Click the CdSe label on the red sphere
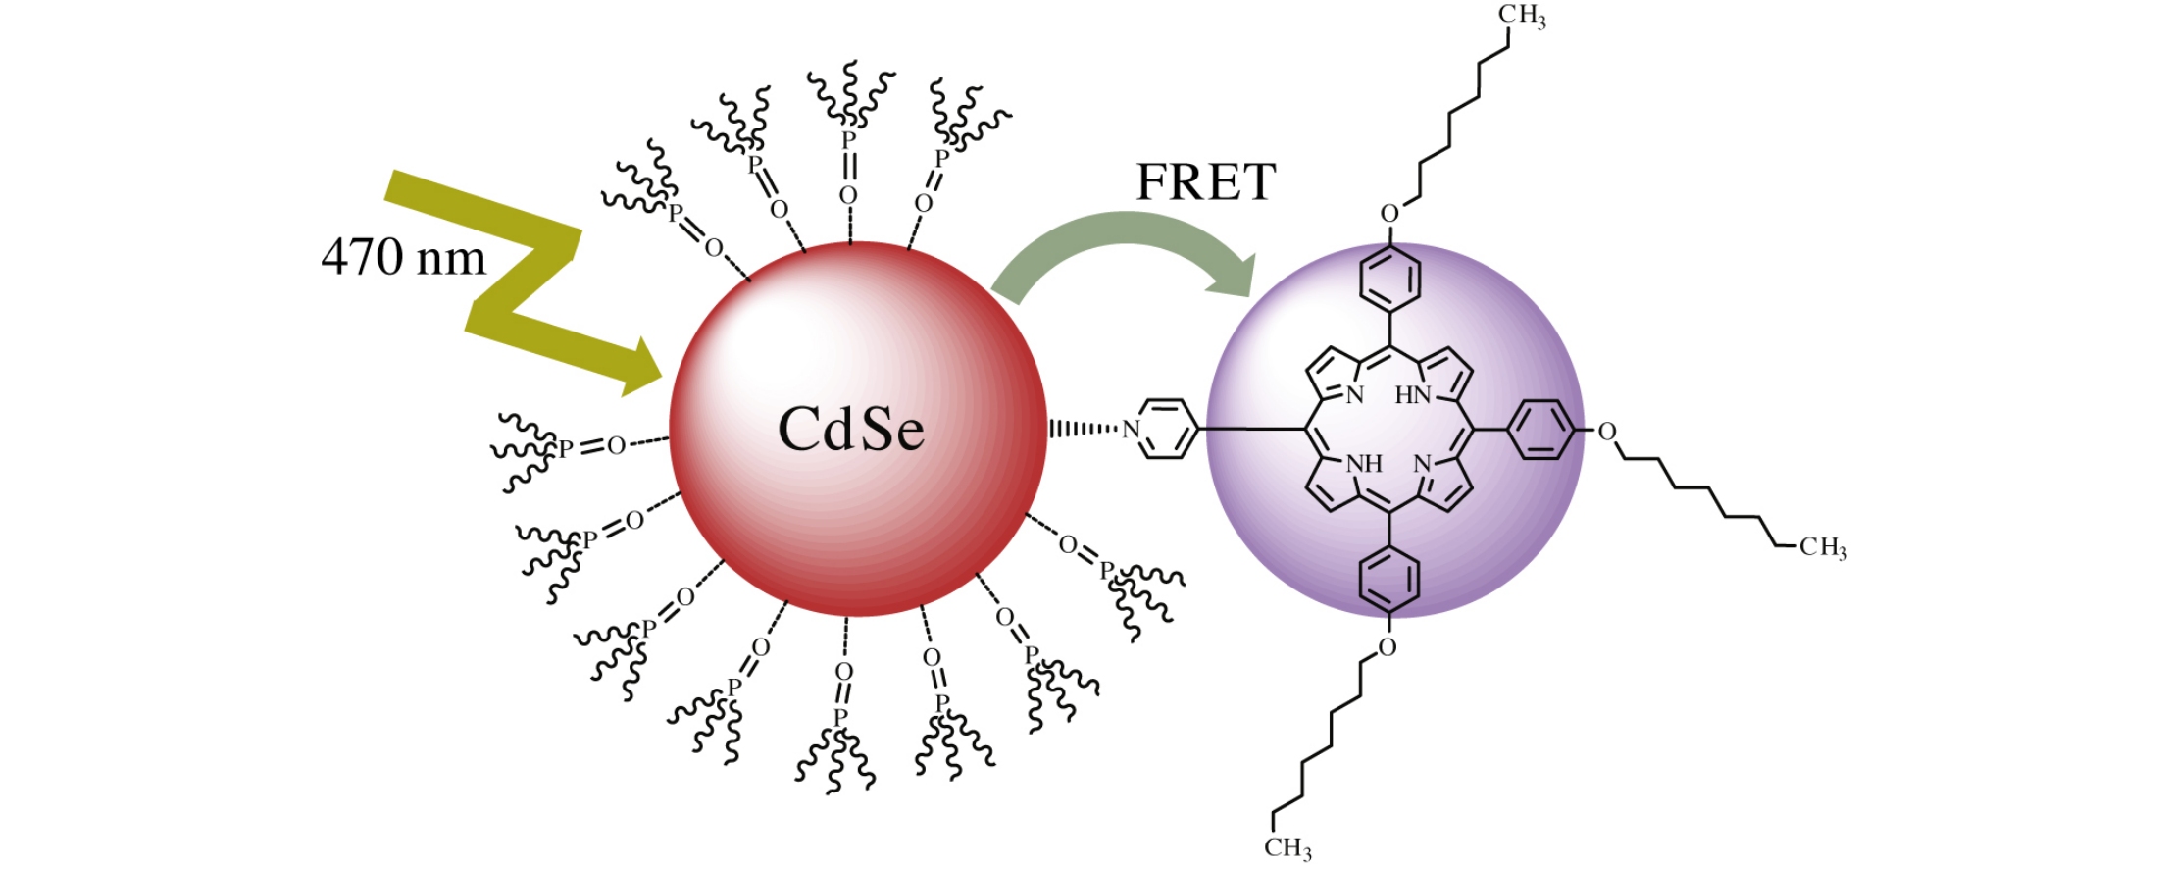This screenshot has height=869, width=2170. click(x=850, y=430)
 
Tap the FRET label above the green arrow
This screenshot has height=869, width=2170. click(x=1205, y=182)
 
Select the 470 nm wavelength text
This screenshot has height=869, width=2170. click(x=403, y=257)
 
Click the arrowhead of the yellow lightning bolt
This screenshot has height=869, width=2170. click(x=642, y=367)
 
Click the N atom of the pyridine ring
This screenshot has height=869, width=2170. click(x=1131, y=430)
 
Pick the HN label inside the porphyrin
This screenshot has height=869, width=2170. click(x=1413, y=395)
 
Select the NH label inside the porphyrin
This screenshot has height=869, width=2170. click(x=1363, y=464)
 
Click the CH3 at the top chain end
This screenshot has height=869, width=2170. click(x=1522, y=17)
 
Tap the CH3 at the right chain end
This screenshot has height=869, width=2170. click(x=1823, y=547)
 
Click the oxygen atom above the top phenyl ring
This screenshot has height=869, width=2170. click(x=1389, y=213)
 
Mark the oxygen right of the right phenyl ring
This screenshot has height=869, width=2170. click(x=1606, y=432)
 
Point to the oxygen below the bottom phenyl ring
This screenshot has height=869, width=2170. click(x=1387, y=647)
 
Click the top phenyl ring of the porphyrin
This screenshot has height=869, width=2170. click(x=1389, y=278)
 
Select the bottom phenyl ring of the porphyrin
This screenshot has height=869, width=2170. click(x=1389, y=580)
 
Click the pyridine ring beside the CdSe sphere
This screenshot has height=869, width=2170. click(x=1167, y=429)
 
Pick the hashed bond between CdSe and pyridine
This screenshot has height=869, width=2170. click(x=1084, y=429)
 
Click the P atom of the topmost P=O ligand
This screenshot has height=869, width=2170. click(x=849, y=141)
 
